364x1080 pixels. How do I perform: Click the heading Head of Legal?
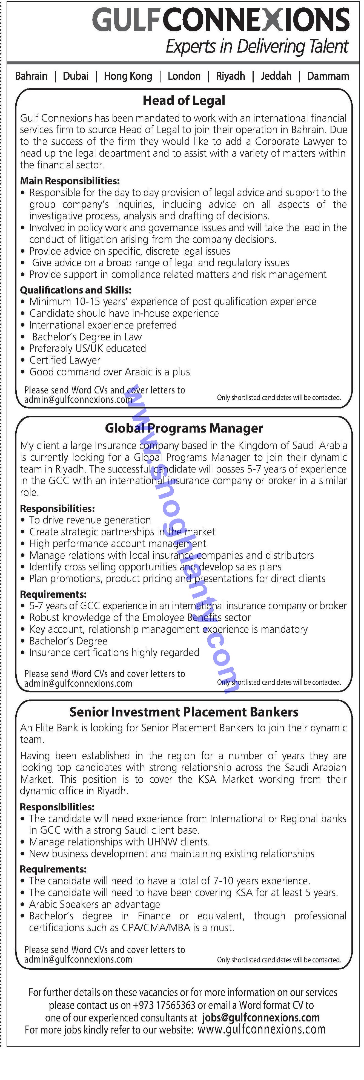[184, 101]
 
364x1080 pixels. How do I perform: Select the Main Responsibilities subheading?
[70, 181]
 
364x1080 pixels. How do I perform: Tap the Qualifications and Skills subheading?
[76, 290]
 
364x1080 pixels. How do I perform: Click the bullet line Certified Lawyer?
[65, 360]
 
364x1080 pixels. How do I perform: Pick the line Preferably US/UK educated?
[87, 349]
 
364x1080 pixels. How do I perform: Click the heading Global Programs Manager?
[184, 428]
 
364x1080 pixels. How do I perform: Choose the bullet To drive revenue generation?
[90, 520]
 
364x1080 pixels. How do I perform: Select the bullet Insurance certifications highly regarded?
[114, 653]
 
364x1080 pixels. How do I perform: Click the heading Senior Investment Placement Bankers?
[184, 712]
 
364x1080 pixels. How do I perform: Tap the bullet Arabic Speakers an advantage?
[94, 904]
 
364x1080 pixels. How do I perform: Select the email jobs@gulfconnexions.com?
[260, 1018]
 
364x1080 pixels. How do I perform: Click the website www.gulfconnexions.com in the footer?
[261, 1030]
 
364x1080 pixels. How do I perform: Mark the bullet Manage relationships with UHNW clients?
[119, 842]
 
